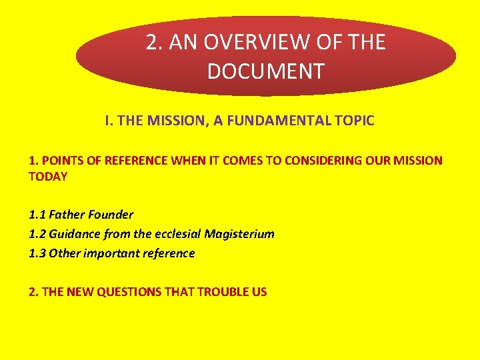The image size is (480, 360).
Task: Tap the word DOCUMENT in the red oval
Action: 265,71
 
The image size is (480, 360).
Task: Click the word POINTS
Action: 59,161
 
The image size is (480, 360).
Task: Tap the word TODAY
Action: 48,177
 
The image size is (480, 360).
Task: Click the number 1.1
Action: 37,215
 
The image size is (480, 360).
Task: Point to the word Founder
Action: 111,215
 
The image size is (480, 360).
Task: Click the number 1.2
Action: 37,235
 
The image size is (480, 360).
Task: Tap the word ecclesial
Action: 175,235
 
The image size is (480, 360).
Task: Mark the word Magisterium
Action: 239,235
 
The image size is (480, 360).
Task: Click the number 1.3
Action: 37,253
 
